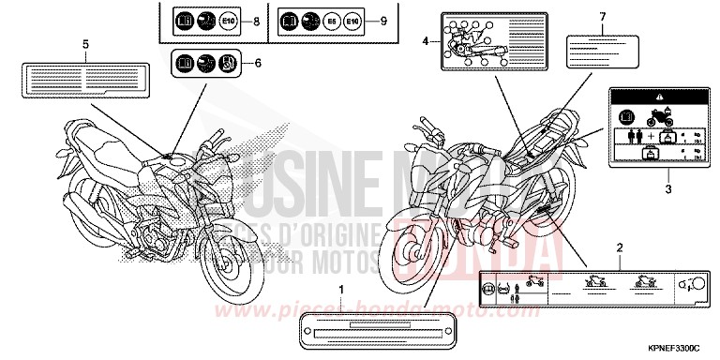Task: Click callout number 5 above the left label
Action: click(85, 45)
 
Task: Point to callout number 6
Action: click(247, 64)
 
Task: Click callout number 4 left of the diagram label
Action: click(426, 42)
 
